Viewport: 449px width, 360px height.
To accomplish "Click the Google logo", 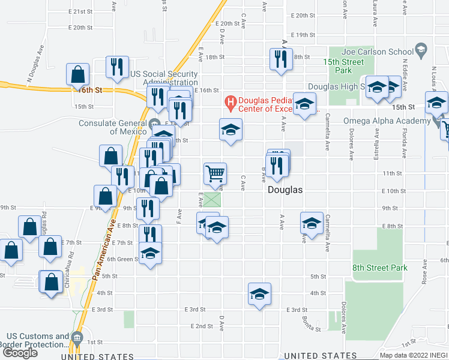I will click(x=20, y=353).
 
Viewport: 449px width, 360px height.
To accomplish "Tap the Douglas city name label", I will click(x=285, y=190).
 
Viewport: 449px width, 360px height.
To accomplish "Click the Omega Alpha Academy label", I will click(x=386, y=121).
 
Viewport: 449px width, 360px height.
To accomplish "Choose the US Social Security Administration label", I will click(x=164, y=78).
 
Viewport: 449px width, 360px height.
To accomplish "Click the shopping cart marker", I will click(x=215, y=173).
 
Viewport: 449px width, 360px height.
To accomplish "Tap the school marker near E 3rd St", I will click(x=259, y=294).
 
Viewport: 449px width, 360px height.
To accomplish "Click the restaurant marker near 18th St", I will click(x=281, y=59).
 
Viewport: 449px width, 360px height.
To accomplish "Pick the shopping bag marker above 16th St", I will click(x=79, y=75).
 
